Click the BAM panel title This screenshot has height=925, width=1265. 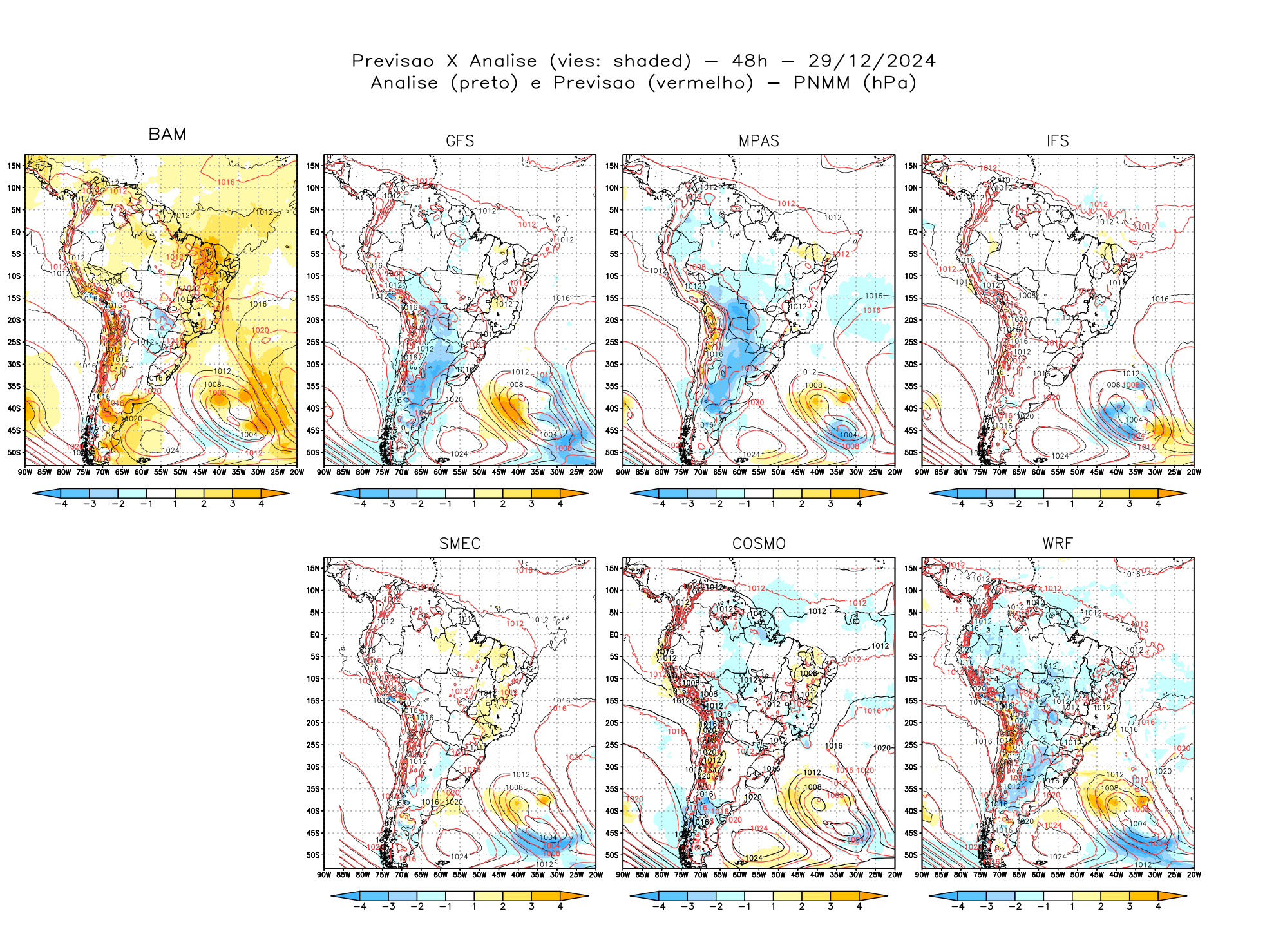[167, 134]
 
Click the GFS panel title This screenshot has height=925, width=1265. [460, 141]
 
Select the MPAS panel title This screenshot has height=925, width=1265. [759, 141]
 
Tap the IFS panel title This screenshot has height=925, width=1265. [1058, 141]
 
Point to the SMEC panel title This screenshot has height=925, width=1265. [460, 544]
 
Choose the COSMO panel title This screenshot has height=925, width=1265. [759, 544]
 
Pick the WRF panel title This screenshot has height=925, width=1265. [1058, 544]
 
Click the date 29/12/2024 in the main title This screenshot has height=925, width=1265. [871, 61]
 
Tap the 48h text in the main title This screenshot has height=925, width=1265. [750, 61]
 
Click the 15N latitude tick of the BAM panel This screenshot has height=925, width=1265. [14, 166]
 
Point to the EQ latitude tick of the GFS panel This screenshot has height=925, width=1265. [314, 232]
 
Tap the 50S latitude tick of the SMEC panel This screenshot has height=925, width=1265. [313, 855]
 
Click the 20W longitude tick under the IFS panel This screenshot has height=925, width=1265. [1194, 472]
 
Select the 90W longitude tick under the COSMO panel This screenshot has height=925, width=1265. [623, 875]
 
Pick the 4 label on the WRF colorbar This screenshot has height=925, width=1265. [1158, 906]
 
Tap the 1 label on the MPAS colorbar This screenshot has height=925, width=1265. [773, 504]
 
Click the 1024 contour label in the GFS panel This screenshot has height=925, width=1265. [459, 454]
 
